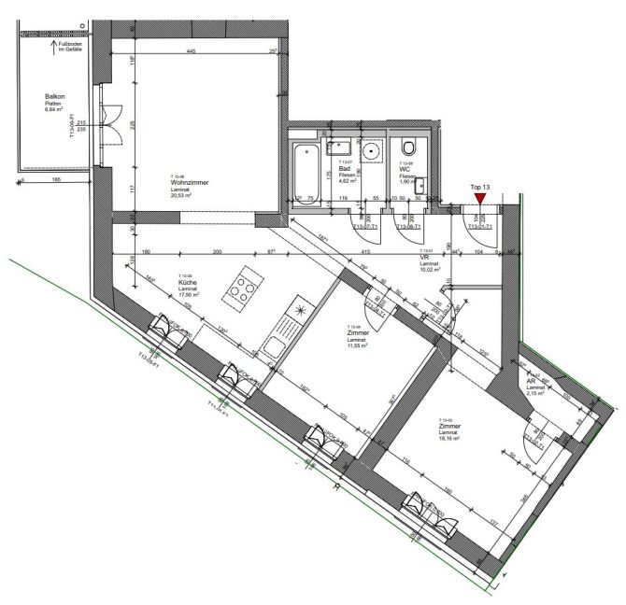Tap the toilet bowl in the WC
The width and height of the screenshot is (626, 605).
[x=409, y=148]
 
